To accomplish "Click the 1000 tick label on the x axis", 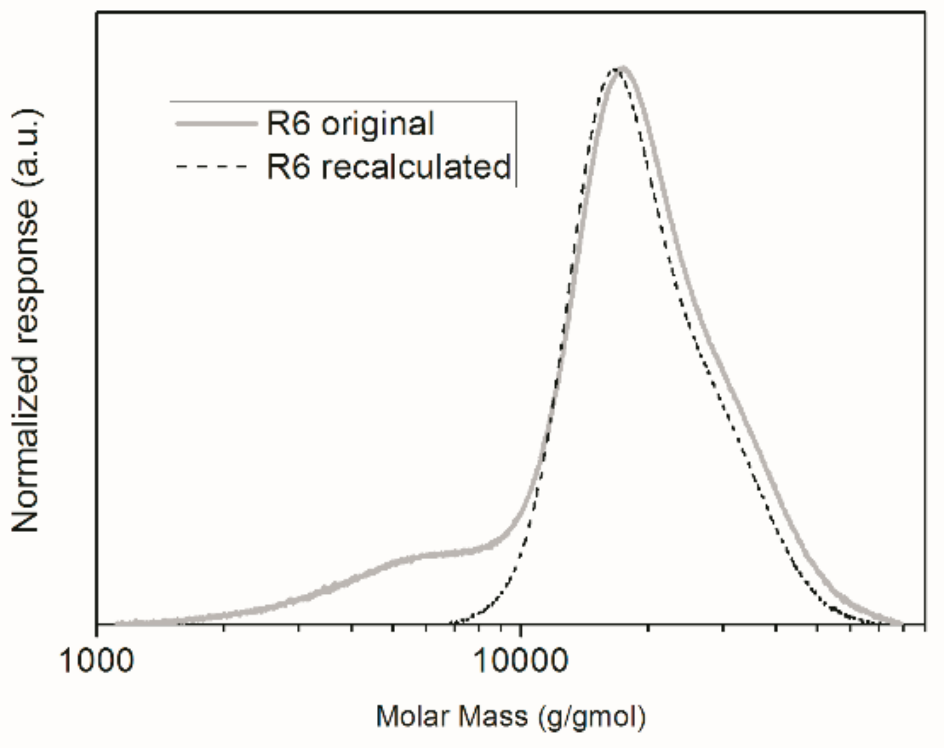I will pos(97,661).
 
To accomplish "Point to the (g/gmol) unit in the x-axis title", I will pos(591,717).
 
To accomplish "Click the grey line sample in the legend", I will pos(216,124).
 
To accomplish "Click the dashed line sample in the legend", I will pos(211,167).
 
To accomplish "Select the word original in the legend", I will pos(377,124).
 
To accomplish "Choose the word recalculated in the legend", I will pos(416,167).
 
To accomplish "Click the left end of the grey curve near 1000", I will pos(118,623).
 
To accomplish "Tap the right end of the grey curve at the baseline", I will pos(900,623).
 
